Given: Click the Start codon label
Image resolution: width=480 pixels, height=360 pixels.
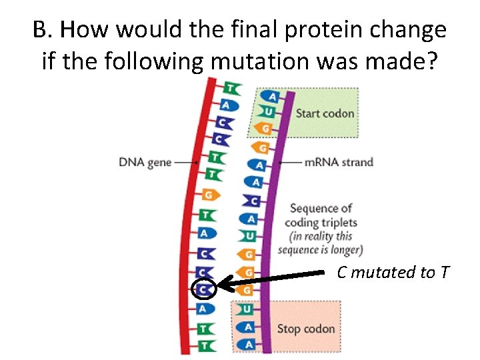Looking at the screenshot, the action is tap(325, 113).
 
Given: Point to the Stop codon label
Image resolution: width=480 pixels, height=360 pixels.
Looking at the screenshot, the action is tap(306, 328).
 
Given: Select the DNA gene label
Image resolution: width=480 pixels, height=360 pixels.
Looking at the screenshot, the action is tap(145, 162).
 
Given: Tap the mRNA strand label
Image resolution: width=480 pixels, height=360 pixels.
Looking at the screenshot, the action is tap(338, 162).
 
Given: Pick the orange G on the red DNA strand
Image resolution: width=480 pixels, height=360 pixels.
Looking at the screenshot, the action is tap(209, 195).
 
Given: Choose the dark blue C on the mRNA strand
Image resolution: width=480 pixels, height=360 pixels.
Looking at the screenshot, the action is tap(252, 200).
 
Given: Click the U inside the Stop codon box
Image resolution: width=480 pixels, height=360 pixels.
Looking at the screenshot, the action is tap(246, 310).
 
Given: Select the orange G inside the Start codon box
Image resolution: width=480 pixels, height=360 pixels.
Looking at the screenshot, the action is tap(266, 128).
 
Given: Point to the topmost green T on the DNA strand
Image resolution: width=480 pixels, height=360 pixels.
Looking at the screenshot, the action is tap(231, 88).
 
